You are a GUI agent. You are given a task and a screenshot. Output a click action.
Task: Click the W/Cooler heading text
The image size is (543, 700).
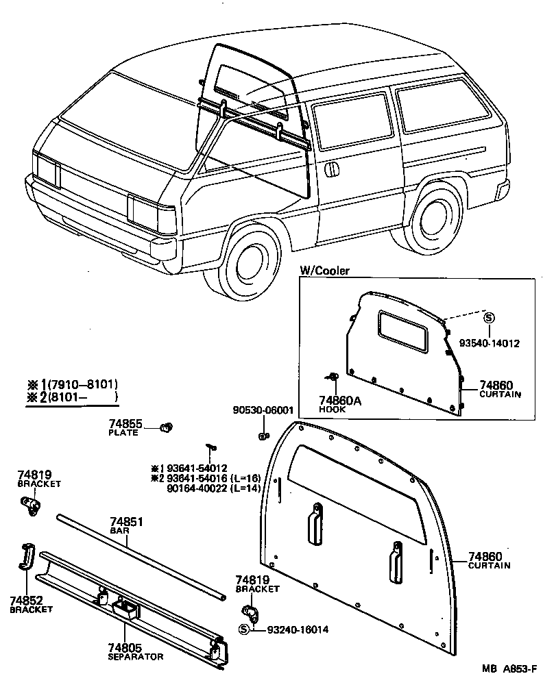click(325, 271)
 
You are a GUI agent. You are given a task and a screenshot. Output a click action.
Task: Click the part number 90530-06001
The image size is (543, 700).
click(263, 411)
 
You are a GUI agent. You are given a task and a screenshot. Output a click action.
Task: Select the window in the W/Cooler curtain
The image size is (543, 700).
click(402, 330)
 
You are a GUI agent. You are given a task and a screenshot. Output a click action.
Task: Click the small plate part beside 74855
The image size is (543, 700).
click(165, 428)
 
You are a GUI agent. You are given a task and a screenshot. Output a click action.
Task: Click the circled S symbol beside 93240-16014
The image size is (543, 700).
click(243, 629)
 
